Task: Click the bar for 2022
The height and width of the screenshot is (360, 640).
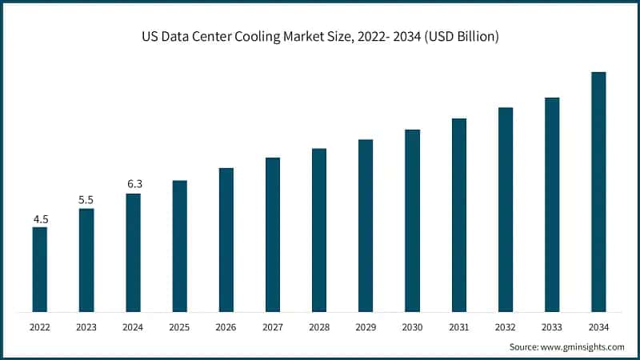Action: click(39, 269)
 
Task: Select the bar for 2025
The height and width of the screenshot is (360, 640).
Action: click(179, 246)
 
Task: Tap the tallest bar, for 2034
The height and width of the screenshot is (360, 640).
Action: click(598, 191)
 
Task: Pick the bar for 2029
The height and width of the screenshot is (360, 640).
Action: click(366, 225)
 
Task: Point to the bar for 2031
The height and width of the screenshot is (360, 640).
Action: click(458, 214)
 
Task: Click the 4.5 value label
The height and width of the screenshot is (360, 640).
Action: click(39, 218)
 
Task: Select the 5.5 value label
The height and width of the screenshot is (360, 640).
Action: click(86, 199)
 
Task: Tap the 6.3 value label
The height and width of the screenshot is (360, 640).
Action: click(133, 184)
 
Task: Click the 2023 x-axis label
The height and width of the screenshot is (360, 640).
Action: click(86, 327)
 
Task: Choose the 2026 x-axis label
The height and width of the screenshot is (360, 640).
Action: click(226, 327)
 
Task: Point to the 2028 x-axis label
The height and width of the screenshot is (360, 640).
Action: click(319, 327)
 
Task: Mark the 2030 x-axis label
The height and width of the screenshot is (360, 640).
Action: click(412, 327)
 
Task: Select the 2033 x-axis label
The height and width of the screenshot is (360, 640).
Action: click(552, 327)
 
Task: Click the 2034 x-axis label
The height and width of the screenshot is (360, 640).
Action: click(598, 327)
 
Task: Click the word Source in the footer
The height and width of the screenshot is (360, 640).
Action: click(524, 346)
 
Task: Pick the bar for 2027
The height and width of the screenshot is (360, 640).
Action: click(273, 234)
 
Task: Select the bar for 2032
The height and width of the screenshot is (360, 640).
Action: click(506, 209)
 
